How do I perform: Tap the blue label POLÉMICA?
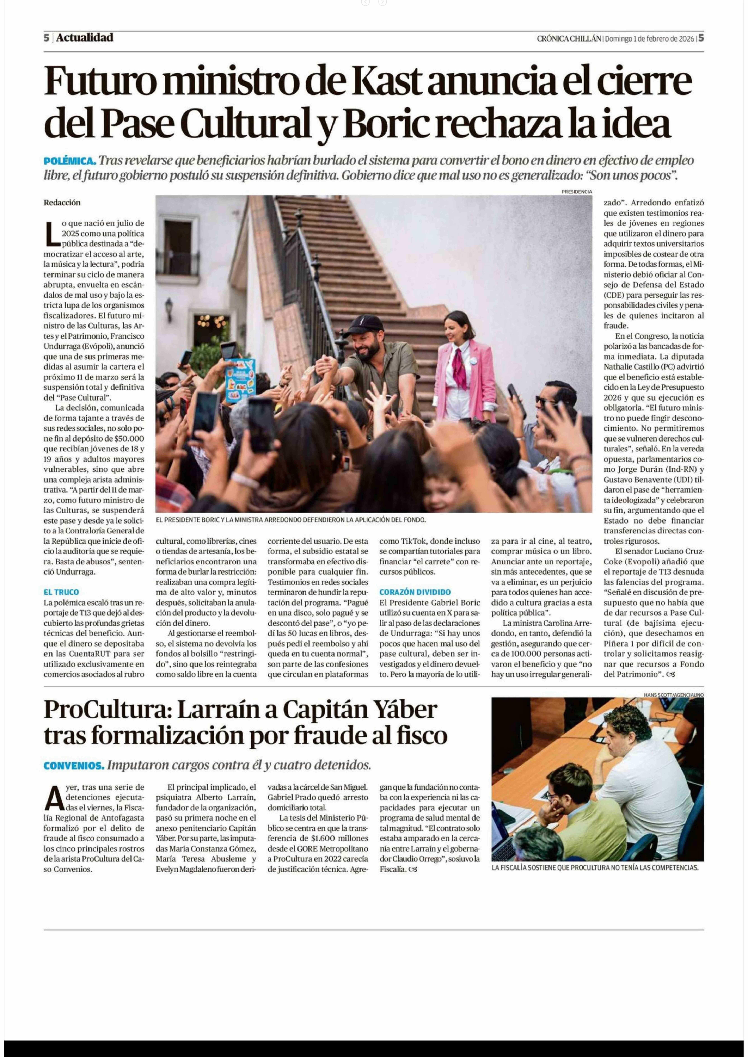70,161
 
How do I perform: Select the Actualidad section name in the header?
85,38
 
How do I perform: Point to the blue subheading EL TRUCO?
61,592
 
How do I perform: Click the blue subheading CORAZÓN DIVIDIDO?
415,592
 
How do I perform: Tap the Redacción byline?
62,203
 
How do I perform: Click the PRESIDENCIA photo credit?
577,192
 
